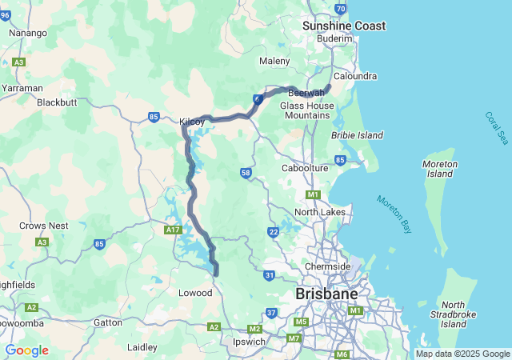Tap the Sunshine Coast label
344,26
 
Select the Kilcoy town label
193,122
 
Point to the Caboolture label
306,168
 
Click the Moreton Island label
439,169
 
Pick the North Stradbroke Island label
454,314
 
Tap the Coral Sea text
496,128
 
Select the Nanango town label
28,33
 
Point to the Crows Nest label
43,226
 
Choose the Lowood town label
195,293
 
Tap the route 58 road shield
246,173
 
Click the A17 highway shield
173,230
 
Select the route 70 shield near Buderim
341,9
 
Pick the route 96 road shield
5,15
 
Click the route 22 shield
273,232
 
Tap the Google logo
26,350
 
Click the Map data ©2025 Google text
462,354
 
